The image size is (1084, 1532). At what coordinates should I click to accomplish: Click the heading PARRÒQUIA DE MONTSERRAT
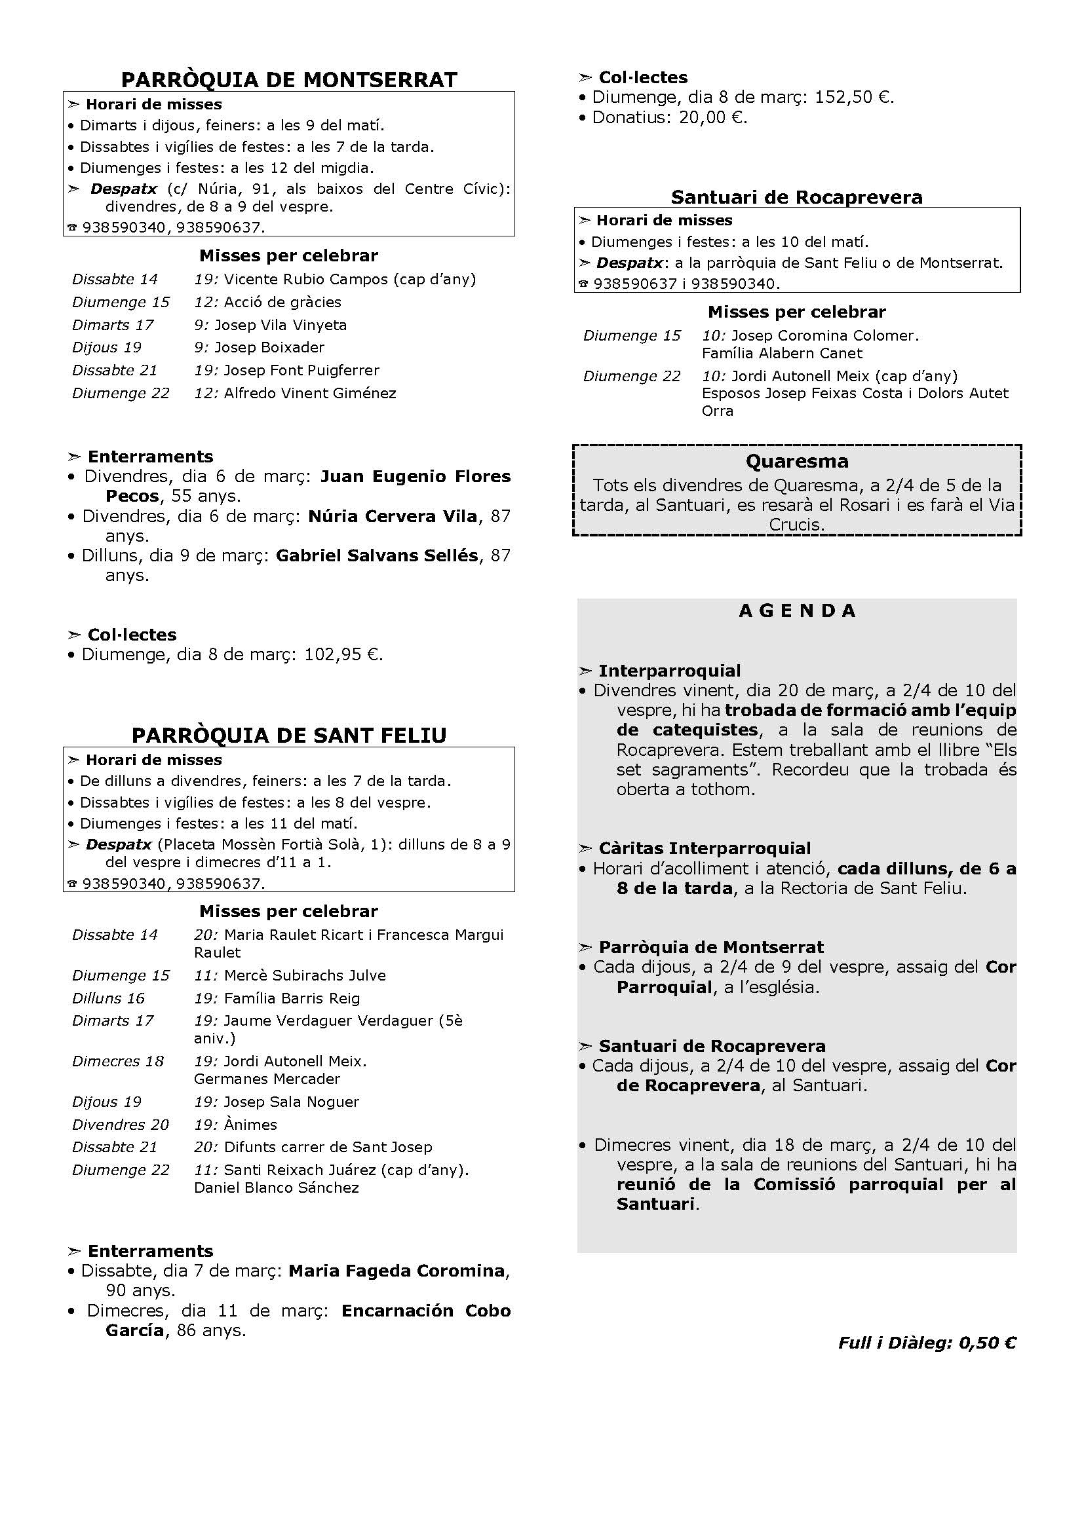(289, 79)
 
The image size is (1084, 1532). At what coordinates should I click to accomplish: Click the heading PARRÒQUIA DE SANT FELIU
(289, 735)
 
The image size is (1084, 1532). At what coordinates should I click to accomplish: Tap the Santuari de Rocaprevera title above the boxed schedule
(796, 197)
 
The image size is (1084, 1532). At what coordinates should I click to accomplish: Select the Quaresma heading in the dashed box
(797, 461)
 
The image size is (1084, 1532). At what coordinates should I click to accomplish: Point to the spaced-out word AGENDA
(797, 610)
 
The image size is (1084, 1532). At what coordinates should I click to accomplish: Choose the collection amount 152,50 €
(853, 98)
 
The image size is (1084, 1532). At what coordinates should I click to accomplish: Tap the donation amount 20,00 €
(712, 117)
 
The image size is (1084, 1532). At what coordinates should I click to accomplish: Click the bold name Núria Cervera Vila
(393, 515)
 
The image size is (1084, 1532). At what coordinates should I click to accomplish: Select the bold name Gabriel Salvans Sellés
(377, 555)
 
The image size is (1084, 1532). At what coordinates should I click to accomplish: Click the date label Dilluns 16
(108, 998)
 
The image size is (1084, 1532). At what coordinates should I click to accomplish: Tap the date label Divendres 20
(120, 1125)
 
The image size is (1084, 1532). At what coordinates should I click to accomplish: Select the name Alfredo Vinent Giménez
(310, 393)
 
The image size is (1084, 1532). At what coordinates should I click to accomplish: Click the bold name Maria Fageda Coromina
(397, 1271)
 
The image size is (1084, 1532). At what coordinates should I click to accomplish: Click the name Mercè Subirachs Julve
(304, 975)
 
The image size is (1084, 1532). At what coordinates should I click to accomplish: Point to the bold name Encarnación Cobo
(426, 1311)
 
